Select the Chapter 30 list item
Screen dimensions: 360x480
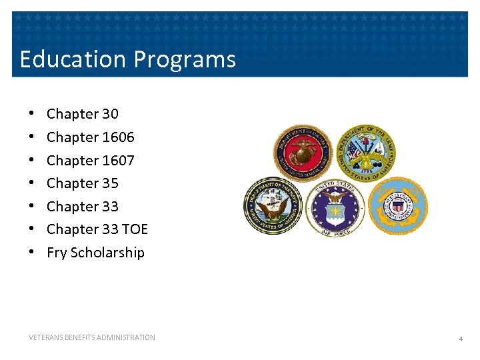click(x=82, y=114)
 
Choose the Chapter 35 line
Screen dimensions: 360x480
click(x=82, y=183)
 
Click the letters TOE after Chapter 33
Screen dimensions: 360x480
click(x=135, y=229)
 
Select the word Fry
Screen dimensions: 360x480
click(x=57, y=253)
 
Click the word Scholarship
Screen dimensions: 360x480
click(x=107, y=253)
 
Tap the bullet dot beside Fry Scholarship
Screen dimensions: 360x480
click(x=31, y=253)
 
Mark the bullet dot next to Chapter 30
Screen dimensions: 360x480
click(x=31, y=114)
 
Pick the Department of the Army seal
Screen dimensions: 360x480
click(x=365, y=152)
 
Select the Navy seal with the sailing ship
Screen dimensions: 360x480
click(x=273, y=206)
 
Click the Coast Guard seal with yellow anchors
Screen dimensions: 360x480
click(x=397, y=206)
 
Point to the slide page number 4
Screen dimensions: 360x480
click(x=460, y=339)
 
